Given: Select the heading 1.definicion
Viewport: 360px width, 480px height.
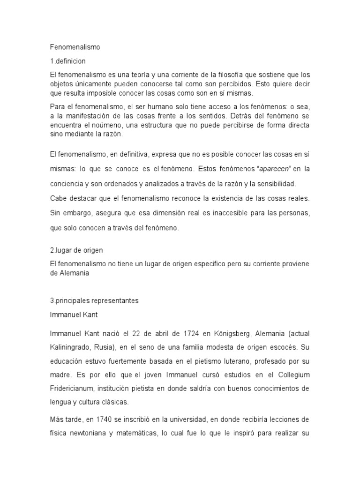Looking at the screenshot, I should pyautogui.click(x=67, y=61).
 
